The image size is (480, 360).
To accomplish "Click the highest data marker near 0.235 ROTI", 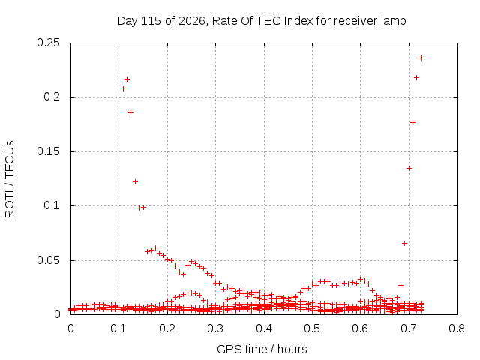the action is [421, 58].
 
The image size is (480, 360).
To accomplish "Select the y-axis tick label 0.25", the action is [48, 43].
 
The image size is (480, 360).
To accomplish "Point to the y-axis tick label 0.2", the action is [52, 97].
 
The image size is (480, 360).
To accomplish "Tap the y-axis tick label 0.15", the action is [48, 151].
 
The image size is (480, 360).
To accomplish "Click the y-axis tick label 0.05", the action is [48, 260].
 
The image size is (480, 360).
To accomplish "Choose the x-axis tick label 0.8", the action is [457, 328].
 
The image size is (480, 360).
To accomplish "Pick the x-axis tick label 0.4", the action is [264, 328].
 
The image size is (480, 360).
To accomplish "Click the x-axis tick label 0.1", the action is [118, 328].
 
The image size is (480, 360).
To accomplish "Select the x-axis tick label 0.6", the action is [360, 328].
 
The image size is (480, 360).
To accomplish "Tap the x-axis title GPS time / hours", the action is [262, 349].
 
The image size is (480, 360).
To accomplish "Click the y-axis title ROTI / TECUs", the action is [10, 179].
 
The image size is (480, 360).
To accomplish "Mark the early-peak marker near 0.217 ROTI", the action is [127, 79].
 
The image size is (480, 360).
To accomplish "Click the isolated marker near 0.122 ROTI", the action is [135, 181].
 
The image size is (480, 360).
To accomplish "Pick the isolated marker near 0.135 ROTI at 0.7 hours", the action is [409, 168].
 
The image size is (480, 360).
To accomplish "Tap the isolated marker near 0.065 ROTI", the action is [404, 243].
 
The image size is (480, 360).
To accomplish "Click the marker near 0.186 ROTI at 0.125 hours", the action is [130, 112].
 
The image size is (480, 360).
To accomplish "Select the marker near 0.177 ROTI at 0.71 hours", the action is [412, 122].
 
